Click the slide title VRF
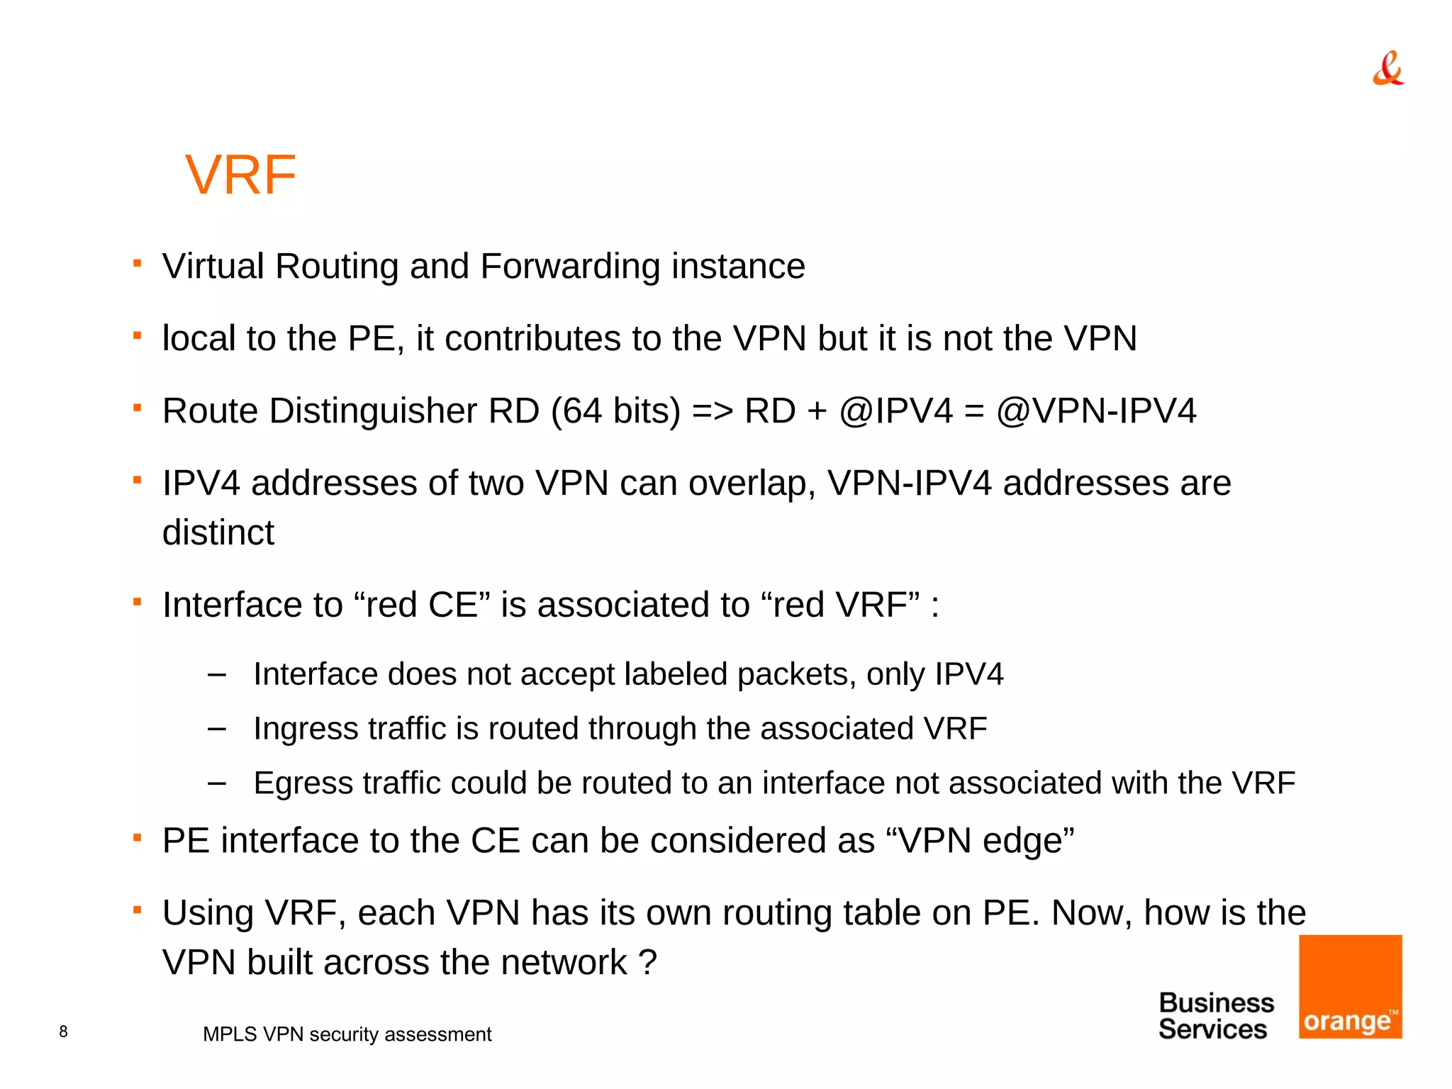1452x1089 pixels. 240,175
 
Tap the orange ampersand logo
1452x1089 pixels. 1387,69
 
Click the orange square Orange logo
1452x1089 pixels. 1350,986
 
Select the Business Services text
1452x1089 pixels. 1215,1016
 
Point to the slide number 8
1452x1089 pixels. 64,1032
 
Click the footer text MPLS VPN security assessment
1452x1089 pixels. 347,1034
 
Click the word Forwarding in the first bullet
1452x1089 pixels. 570,267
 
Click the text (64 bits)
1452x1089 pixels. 615,411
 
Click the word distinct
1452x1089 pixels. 218,532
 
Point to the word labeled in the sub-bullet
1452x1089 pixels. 675,674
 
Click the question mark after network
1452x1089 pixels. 647,963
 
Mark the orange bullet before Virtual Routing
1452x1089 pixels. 138,264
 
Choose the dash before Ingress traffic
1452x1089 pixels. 217,728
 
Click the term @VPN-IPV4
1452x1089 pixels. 1096,411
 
